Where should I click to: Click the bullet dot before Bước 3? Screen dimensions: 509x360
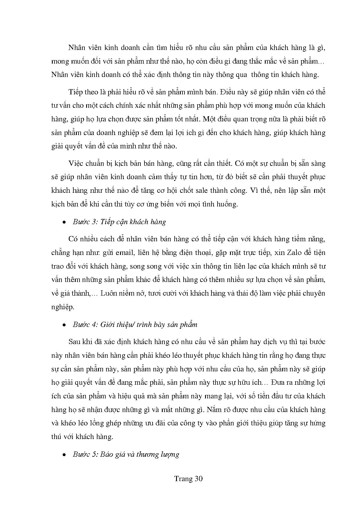pyautogui.click(x=64, y=222)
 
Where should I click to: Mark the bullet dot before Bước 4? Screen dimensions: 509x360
pyautogui.click(x=64, y=325)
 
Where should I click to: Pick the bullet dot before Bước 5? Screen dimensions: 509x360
pyautogui.click(x=64, y=455)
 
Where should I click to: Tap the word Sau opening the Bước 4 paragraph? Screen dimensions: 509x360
pyautogui.click(x=75, y=341)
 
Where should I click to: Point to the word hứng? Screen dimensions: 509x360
pyautogui.click(x=318, y=423)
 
